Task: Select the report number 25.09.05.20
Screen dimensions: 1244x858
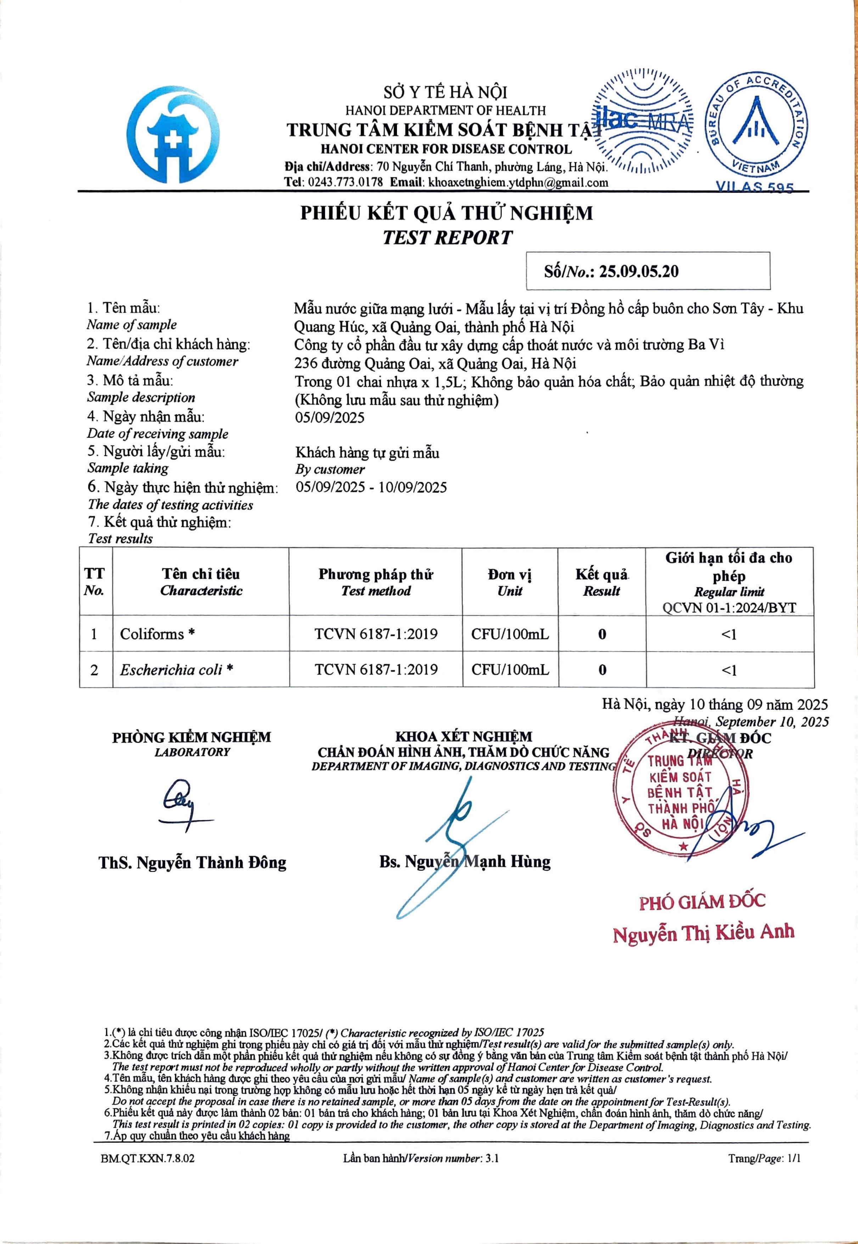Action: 639,272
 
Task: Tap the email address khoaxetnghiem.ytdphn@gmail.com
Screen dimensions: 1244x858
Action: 518,182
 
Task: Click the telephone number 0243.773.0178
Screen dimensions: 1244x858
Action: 345,182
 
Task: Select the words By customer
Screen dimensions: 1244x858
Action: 330,469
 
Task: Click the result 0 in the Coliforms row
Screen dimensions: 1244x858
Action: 602,635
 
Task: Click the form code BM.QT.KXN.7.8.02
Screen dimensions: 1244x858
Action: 147,1159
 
